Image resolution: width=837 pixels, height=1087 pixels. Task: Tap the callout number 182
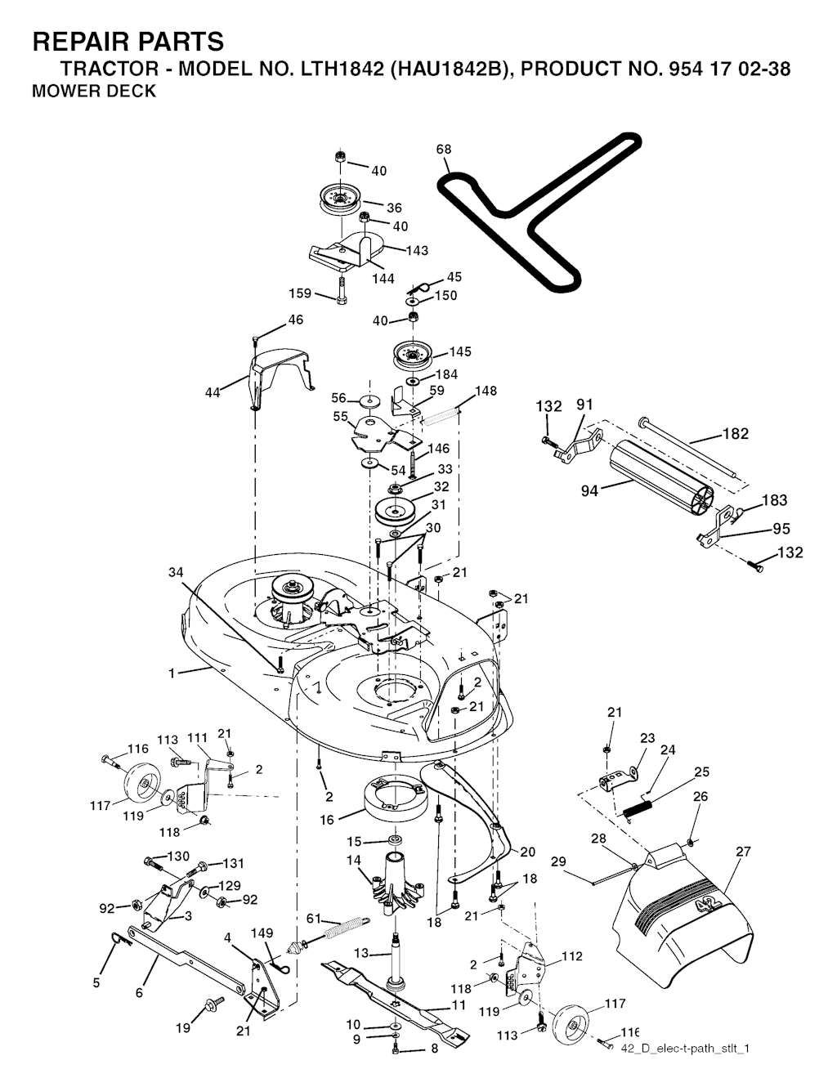736,434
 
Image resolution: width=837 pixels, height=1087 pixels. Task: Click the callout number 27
742,852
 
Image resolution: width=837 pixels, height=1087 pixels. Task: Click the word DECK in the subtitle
132,92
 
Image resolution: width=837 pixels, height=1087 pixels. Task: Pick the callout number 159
302,293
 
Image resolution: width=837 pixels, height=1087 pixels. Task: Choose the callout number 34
176,573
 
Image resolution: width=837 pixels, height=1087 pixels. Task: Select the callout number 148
486,391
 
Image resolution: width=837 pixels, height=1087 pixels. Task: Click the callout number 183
774,500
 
